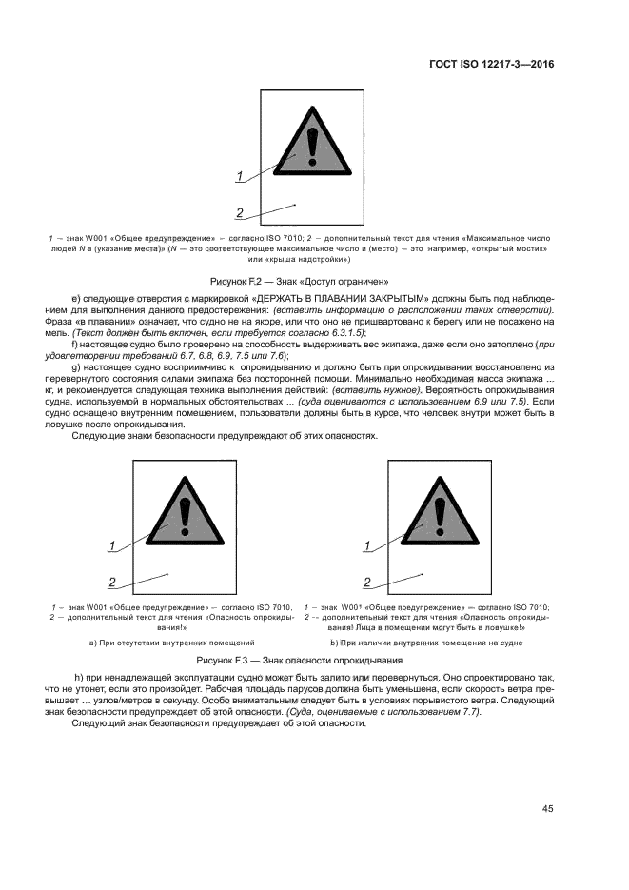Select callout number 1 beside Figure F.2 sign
pos(241,175)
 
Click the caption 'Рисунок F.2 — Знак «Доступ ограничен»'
pos(308,282)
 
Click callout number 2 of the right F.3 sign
pos(366,583)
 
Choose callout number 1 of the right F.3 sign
pos(366,545)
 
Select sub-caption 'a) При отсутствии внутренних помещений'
pos(171,643)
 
